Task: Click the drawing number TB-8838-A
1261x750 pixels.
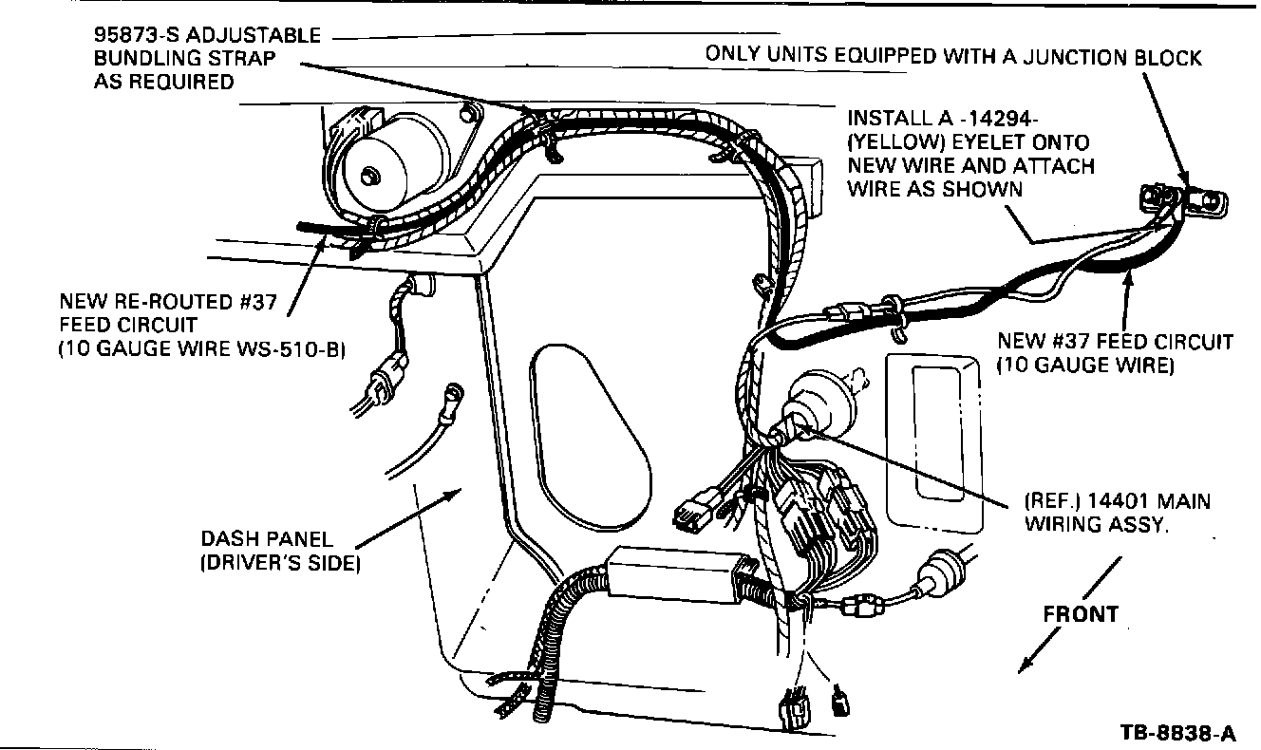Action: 1177,733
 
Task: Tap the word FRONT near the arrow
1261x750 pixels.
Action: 1081,614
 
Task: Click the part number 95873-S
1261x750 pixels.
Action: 137,36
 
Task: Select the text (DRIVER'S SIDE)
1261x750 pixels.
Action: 280,564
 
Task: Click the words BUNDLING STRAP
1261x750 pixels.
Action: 171,59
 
